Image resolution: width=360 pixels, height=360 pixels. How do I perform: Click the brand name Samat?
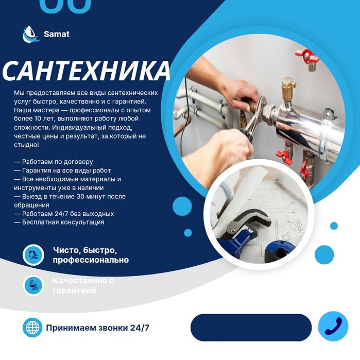point(57,35)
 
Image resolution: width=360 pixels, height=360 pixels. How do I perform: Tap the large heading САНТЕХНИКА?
point(86,71)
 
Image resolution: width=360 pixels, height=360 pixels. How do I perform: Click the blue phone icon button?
point(333,327)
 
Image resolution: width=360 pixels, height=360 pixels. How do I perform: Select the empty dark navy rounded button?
point(251,328)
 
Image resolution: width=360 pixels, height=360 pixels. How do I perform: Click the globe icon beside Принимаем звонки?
point(32,328)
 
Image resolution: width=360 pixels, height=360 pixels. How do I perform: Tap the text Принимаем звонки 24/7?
point(98,328)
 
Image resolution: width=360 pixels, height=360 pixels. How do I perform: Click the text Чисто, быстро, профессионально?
point(91,255)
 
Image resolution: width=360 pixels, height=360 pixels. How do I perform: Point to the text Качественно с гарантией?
point(83,285)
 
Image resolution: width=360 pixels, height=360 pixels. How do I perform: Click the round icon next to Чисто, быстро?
point(33,254)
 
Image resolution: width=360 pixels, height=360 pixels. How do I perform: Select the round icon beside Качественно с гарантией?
point(33,285)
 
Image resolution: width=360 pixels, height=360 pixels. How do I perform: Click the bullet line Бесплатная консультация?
point(59,222)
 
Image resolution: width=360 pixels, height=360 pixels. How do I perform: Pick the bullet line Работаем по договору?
point(54,162)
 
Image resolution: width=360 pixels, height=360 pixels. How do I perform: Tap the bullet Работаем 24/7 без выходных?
point(64,213)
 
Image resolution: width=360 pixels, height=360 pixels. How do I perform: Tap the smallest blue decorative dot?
point(334,226)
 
